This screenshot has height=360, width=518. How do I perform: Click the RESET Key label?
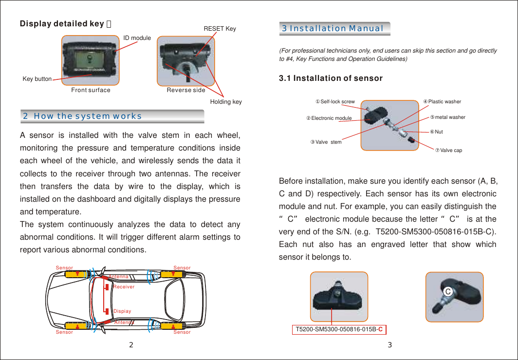pyautogui.click(x=220, y=29)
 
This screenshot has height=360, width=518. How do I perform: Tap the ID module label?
pyautogui.click(x=137, y=38)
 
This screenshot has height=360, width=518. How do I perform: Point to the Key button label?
pyautogui.click(x=37, y=79)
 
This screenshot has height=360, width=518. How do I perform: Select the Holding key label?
pyautogui.click(x=226, y=102)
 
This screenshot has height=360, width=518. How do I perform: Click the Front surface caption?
pyautogui.click(x=91, y=90)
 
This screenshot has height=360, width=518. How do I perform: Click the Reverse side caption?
pyautogui.click(x=186, y=90)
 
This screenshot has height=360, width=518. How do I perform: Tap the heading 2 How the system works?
pyautogui.click(x=83, y=116)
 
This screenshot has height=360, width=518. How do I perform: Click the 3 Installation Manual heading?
pyautogui.click(x=333, y=28)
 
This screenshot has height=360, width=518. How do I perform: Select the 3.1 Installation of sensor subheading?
pyautogui.click(x=331, y=78)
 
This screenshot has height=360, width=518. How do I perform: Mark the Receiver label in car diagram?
pyautogui.click(x=124, y=287)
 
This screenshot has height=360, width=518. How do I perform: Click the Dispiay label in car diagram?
pyautogui.click(x=122, y=311)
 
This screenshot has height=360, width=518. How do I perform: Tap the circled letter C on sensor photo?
pyautogui.click(x=446, y=291)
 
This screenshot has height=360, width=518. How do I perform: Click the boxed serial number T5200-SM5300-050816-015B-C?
pyautogui.click(x=339, y=329)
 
